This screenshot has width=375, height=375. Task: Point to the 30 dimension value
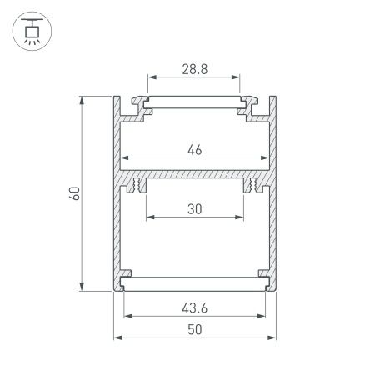coord(195,210)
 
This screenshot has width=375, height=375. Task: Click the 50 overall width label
coord(195,329)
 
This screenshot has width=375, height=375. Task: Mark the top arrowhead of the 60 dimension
coord(82,99)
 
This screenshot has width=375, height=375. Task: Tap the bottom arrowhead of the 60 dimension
coord(82,287)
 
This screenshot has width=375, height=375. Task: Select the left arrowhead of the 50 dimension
coord(117,338)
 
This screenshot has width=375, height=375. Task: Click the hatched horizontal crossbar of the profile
coord(195,179)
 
